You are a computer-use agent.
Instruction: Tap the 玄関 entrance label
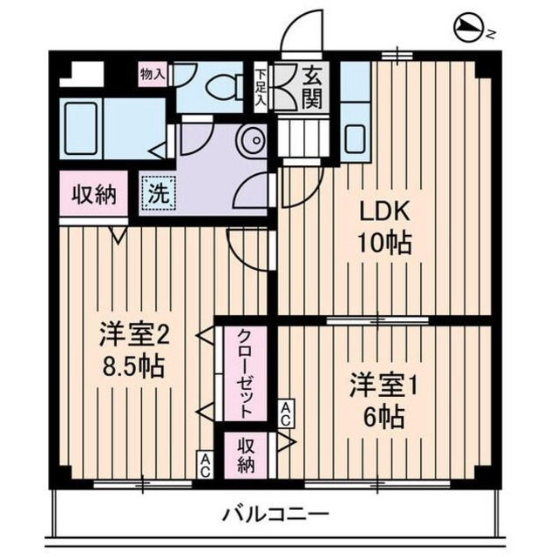pos(310,86)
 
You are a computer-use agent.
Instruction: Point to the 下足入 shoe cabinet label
pos(261,85)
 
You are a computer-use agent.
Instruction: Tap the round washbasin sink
pos(252,140)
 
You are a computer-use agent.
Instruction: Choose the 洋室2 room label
pos(132,333)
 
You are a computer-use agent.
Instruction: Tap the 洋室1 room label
pos(384,386)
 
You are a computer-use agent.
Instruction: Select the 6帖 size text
pos(384,417)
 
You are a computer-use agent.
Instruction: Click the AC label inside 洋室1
pos(285,413)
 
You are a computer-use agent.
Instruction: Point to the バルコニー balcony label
pos(275,514)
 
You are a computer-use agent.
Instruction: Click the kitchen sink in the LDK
pos(355,137)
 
